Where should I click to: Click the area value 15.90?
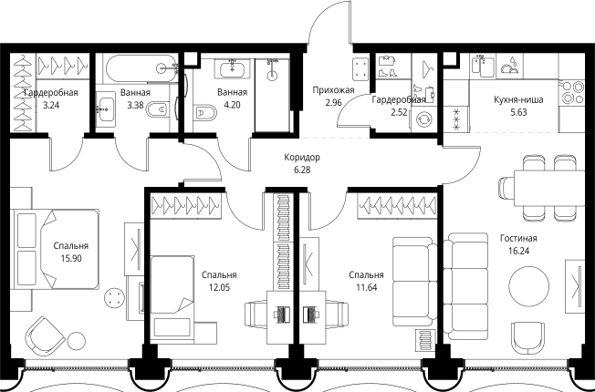[x=71, y=259]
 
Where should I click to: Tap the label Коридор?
[x=302, y=157]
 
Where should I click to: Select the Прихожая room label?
[x=334, y=90]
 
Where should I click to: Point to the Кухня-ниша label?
[x=518, y=99]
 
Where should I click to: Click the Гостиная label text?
[x=518, y=239]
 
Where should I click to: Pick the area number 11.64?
[x=367, y=287]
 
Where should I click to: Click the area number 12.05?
[x=219, y=287]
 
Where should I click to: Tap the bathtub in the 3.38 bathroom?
[x=141, y=68]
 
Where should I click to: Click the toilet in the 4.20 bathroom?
[x=204, y=113]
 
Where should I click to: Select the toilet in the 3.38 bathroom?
[x=157, y=110]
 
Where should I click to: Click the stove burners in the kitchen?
[x=571, y=92]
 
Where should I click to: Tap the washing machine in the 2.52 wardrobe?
[x=423, y=120]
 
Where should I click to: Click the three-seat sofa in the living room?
[x=465, y=286]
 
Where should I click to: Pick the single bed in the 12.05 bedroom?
[x=172, y=296]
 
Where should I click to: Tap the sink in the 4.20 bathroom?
[x=232, y=68]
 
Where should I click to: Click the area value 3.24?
[x=51, y=106]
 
